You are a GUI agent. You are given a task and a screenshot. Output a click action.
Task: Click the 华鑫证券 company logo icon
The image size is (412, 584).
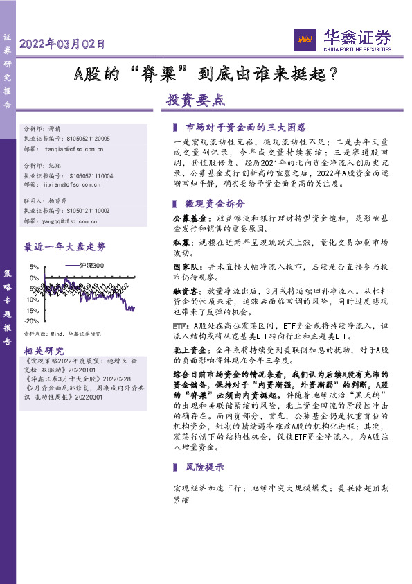[305, 40]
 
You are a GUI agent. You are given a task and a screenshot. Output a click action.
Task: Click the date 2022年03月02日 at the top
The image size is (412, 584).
[63, 44]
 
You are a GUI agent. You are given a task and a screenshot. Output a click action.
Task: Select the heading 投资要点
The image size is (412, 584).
[195, 100]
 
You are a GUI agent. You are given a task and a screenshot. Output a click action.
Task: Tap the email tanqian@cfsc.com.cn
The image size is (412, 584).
[73, 149]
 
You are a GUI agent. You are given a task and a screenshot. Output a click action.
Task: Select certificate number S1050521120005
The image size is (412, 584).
[89, 139]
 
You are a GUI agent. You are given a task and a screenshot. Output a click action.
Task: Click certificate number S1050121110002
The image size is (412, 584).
[89, 211]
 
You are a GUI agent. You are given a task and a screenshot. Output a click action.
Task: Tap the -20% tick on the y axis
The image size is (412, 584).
[31, 322]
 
